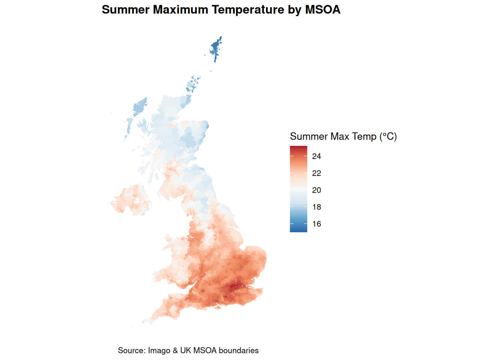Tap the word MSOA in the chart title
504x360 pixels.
pyautogui.click(x=322, y=10)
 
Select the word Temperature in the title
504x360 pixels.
pyautogui.click(x=248, y=10)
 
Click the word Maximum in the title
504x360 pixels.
pyautogui.click(x=180, y=10)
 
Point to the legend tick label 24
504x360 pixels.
pyautogui.click(x=316, y=156)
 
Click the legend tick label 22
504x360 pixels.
pyautogui.click(x=316, y=173)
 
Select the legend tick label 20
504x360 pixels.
pyautogui.click(x=316, y=190)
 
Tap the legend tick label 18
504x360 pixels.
pyautogui.click(x=316, y=207)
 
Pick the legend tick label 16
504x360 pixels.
pyautogui.click(x=316, y=224)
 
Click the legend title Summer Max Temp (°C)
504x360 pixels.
pyautogui.click(x=343, y=136)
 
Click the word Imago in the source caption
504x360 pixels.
pyautogui.click(x=159, y=351)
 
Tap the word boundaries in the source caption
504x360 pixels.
pyautogui.click(x=238, y=351)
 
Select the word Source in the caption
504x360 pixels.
pyautogui.click(x=131, y=351)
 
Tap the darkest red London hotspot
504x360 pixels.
pyautogui.click(x=236, y=288)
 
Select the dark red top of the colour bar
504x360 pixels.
pyautogui.click(x=298, y=149)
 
